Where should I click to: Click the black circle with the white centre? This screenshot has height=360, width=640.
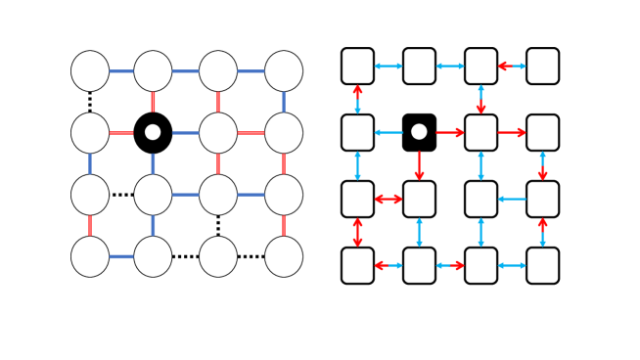153,132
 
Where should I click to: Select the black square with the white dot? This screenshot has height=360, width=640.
419,132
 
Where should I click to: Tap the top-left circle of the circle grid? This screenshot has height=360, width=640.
90,70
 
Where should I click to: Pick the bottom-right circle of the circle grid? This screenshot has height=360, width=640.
284,256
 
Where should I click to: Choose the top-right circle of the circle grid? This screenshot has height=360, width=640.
284,70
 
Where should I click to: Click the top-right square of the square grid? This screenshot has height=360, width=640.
543,66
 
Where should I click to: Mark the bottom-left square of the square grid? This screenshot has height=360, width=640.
358,265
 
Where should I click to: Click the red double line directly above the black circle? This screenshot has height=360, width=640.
153,101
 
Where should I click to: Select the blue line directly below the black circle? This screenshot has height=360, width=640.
153,163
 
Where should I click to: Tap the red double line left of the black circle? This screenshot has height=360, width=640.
121,132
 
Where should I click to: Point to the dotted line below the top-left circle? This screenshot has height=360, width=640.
90,101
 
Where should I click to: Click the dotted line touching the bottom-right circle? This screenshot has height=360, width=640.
251,256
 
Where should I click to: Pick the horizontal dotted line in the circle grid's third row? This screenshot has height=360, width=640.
121,195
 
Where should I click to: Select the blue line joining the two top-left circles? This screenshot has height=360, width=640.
121,70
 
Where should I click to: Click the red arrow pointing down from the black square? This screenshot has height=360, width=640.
419,165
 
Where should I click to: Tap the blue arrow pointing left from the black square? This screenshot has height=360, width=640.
389,132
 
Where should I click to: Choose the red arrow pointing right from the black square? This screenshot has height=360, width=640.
450,132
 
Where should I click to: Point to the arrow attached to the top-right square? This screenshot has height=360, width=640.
512,66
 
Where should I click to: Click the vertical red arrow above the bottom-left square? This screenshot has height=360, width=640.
358,232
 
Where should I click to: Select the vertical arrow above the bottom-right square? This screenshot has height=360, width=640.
543,232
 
